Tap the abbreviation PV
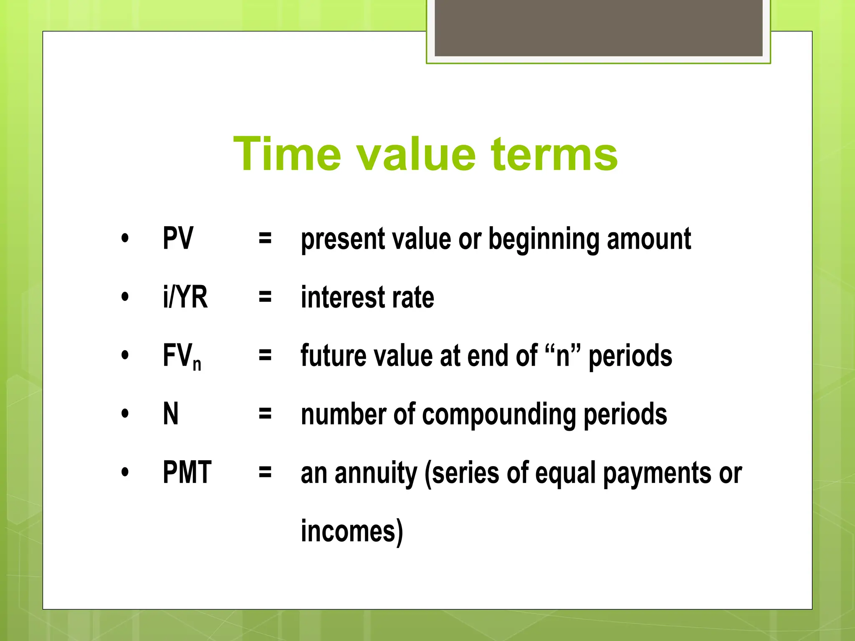click(178, 238)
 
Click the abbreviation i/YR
click(185, 297)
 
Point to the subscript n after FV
click(197, 364)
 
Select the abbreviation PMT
click(187, 472)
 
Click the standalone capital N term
click(171, 414)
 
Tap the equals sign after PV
click(265, 239)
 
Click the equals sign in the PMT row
click(265, 473)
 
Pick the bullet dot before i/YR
click(125, 297)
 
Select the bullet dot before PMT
click(125, 472)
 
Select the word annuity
click(376, 474)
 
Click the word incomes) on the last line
click(352, 531)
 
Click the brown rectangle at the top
click(598, 28)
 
